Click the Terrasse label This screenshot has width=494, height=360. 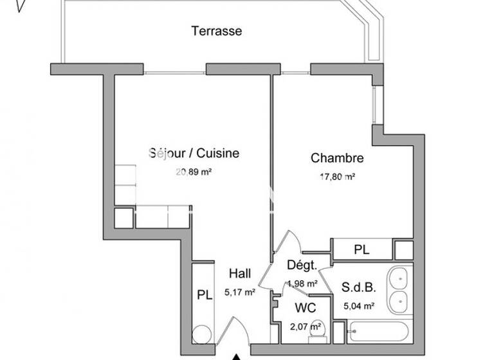216,30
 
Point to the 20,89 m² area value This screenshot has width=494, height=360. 194,172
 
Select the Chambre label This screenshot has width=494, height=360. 337,158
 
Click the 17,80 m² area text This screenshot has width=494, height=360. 338,177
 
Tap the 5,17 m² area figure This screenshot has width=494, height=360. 240,292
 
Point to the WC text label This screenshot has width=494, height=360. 305,309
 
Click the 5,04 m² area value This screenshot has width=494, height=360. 359,306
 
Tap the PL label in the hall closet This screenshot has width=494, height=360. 205,296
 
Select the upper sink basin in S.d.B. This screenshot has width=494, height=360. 399,279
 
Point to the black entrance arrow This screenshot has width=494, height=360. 237,355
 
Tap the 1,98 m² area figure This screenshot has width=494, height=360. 302,283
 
